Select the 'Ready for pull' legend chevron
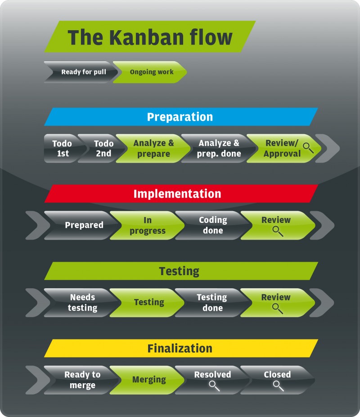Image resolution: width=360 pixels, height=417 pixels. [81, 72]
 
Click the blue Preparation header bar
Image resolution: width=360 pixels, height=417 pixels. [180, 117]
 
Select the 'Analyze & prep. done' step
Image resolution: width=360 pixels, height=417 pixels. [219, 148]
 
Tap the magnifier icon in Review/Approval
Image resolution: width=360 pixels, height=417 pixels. [308, 147]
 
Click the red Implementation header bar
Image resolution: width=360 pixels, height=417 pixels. [180, 194]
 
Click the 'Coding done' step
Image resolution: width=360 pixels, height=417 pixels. [212, 225]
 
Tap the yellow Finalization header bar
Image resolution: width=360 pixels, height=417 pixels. [180, 349]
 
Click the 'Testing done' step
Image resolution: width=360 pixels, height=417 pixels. [211, 303]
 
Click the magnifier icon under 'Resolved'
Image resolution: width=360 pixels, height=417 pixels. [213, 386]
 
